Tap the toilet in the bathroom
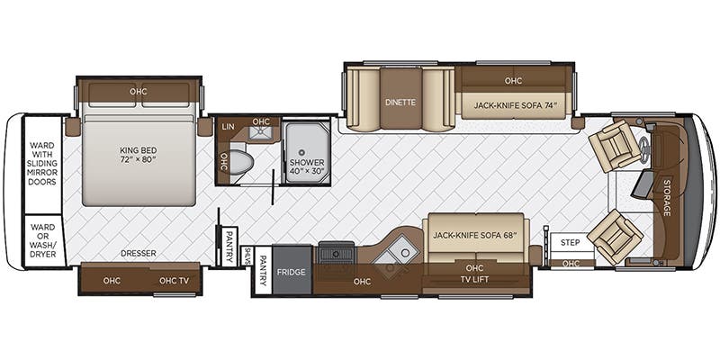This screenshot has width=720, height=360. click(x=240, y=163)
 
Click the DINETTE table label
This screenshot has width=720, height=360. click(x=400, y=102)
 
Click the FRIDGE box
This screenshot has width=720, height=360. click(x=292, y=269)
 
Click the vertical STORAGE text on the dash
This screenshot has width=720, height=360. click(x=667, y=197)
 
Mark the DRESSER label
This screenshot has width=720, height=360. click(x=138, y=254)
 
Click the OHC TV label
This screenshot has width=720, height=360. click(x=175, y=280)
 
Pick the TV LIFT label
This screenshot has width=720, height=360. click(x=474, y=281)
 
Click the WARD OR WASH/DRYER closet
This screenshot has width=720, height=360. click(x=42, y=240)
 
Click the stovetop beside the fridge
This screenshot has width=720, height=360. click(x=337, y=256)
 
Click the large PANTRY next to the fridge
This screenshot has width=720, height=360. click(x=262, y=270)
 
